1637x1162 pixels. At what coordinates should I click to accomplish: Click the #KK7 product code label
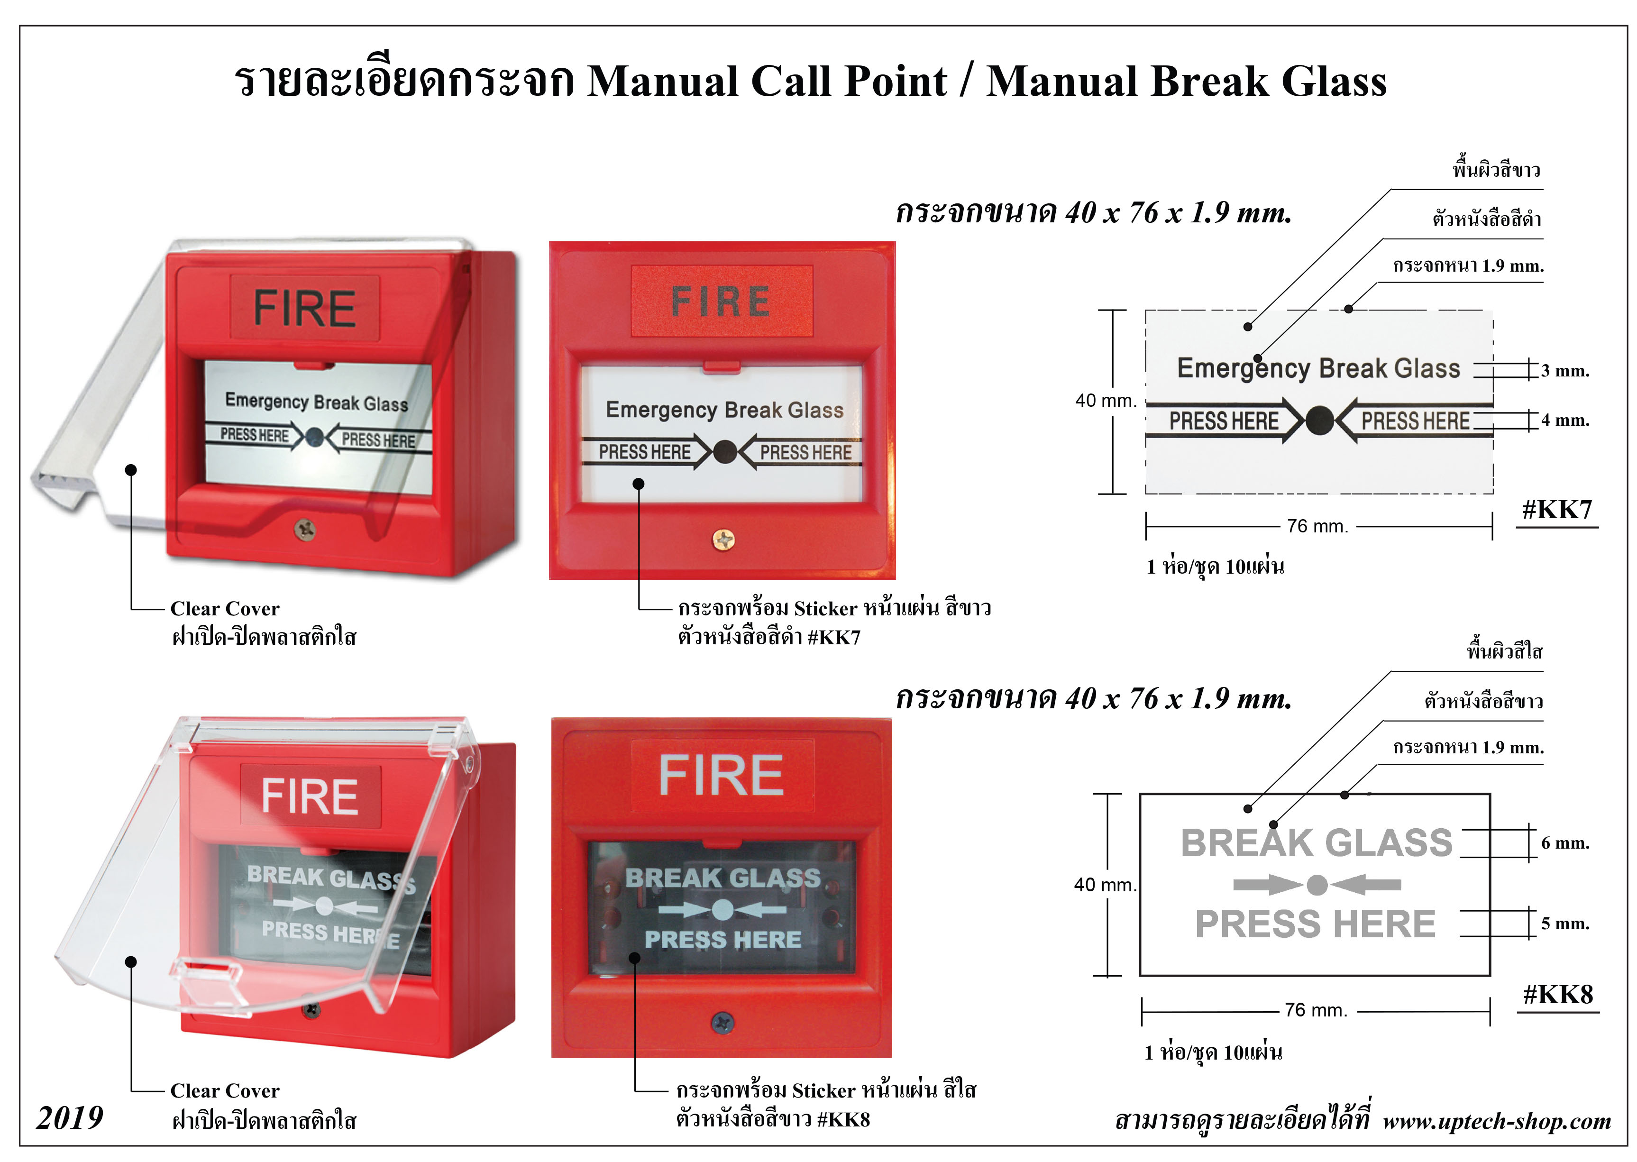point(1557,510)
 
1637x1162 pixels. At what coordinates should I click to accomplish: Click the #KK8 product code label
point(1557,995)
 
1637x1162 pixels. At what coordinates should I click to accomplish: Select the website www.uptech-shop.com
point(1497,1120)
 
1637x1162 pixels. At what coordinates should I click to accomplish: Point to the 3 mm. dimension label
point(1565,371)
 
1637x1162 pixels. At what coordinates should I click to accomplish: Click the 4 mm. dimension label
point(1565,420)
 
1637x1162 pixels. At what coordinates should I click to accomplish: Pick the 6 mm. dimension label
point(1565,843)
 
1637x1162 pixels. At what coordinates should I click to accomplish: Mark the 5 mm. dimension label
point(1565,924)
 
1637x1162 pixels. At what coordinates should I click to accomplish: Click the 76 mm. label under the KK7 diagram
point(1317,527)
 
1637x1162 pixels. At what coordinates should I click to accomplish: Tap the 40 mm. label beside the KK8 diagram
point(1104,885)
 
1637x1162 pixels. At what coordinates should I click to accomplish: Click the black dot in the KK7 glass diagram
point(1318,421)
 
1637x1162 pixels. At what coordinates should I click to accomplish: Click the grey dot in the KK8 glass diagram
point(1317,885)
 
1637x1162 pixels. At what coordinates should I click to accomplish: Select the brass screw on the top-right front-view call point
point(723,540)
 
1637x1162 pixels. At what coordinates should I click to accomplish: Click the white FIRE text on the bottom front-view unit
point(721,776)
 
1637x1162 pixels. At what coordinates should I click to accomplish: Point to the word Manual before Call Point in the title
point(662,81)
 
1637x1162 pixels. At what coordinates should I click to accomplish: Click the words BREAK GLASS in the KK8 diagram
point(1317,843)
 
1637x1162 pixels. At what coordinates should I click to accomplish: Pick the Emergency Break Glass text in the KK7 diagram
point(1318,368)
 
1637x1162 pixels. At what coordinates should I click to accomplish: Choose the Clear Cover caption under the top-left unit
point(225,609)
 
